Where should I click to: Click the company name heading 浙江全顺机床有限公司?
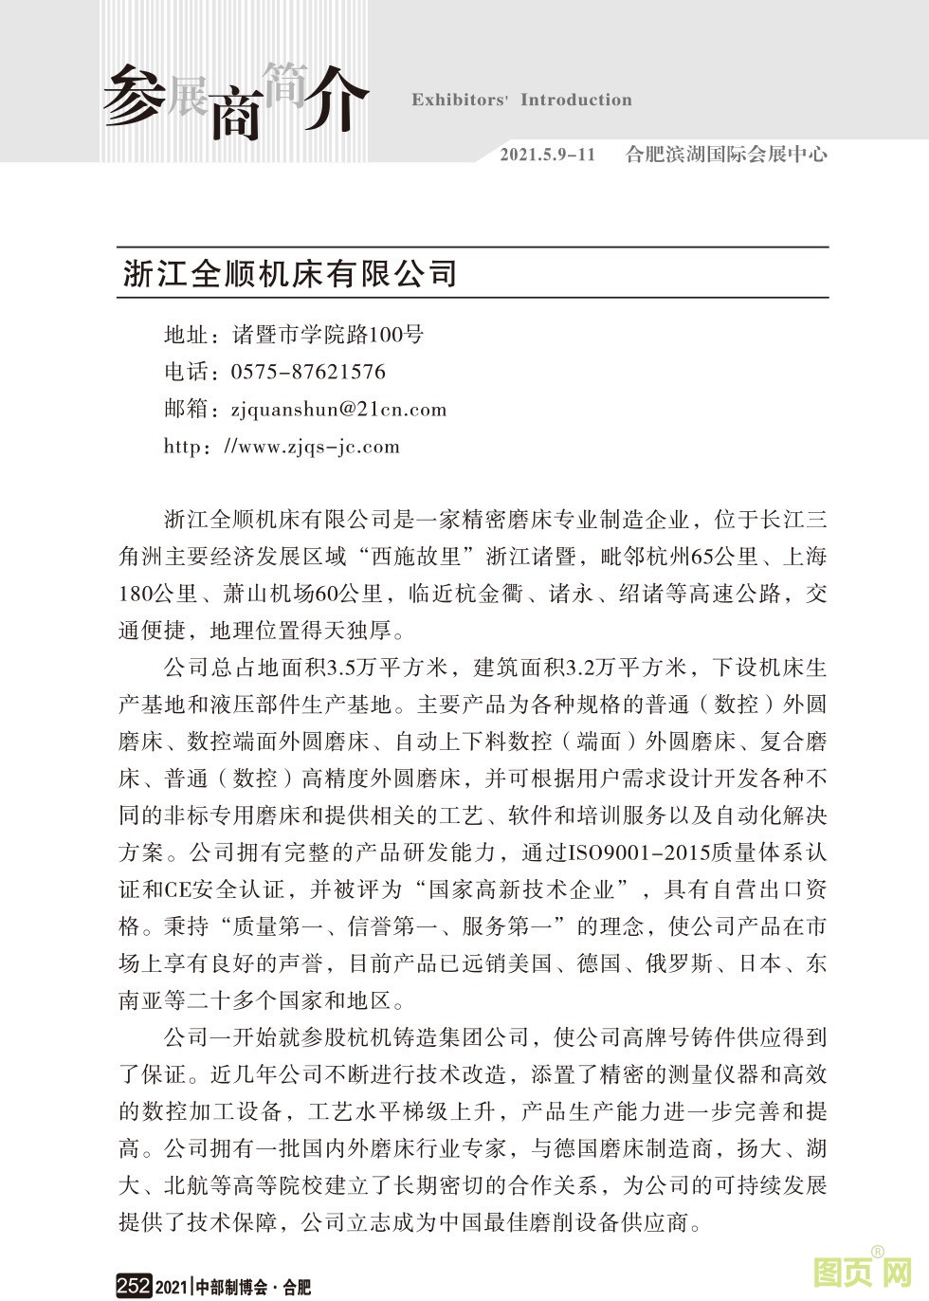[290, 273]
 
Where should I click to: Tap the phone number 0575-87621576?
[308, 372]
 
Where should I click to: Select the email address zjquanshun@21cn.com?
[338, 409]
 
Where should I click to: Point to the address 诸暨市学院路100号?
[328, 334]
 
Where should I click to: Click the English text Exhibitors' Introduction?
[521, 100]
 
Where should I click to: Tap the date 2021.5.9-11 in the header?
[547, 154]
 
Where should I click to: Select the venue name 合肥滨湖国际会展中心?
[726, 154]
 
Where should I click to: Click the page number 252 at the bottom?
[134, 1286]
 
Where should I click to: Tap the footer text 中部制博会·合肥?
[252, 1287]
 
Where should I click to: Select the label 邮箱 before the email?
[185, 409]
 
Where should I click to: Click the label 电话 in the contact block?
[185, 372]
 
